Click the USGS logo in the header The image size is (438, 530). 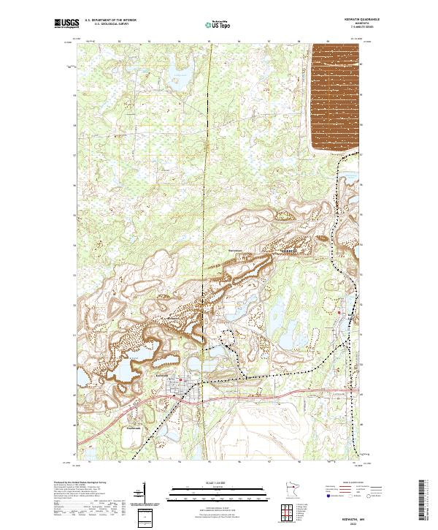coord(66,24)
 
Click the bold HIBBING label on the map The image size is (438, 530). coord(291,249)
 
